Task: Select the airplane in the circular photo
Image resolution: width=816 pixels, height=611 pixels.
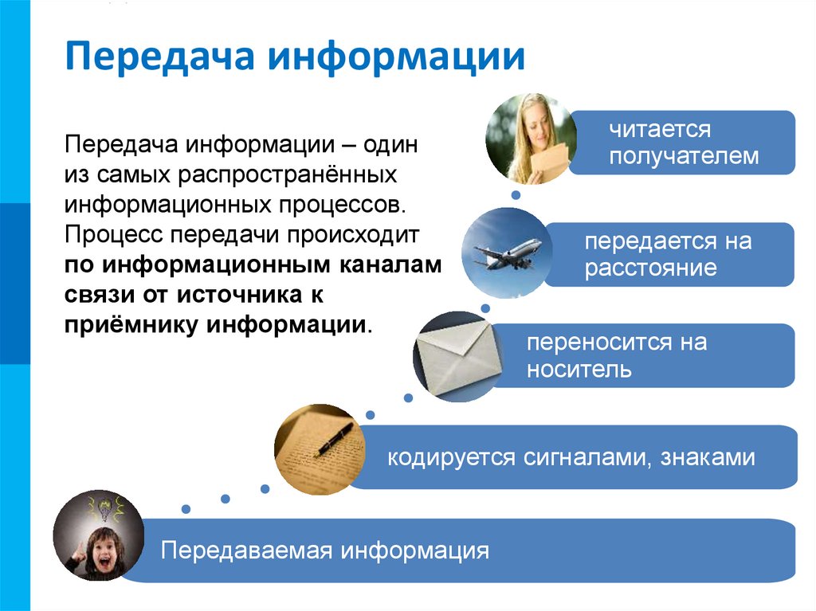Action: point(508,254)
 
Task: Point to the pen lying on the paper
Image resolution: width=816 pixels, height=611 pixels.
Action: point(335,438)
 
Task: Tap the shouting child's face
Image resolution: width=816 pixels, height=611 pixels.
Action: point(101,545)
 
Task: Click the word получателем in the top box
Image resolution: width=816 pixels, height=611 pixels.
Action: point(684,157)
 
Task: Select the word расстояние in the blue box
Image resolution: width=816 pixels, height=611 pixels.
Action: point(650,268)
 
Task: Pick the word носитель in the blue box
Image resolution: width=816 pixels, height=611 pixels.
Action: point(579,370)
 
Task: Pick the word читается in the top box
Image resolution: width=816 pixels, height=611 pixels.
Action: point(660,129)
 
